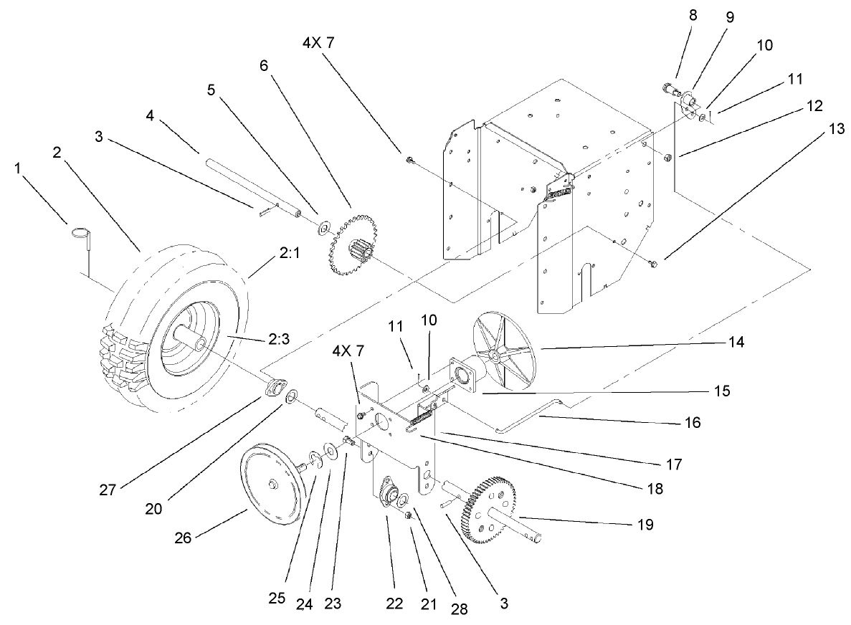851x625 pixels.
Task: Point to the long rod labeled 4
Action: tap(250, 189)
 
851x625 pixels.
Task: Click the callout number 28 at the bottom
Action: tap(459, 609)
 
